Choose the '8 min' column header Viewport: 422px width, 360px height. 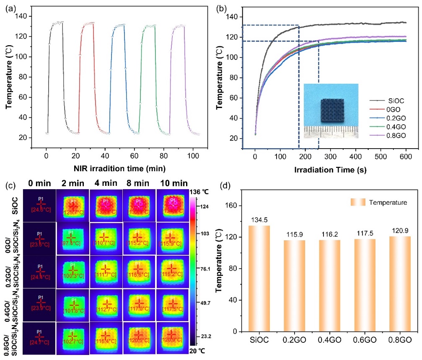[x=139, y=183]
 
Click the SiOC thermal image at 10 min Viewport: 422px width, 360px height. [x=172, y=205]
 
